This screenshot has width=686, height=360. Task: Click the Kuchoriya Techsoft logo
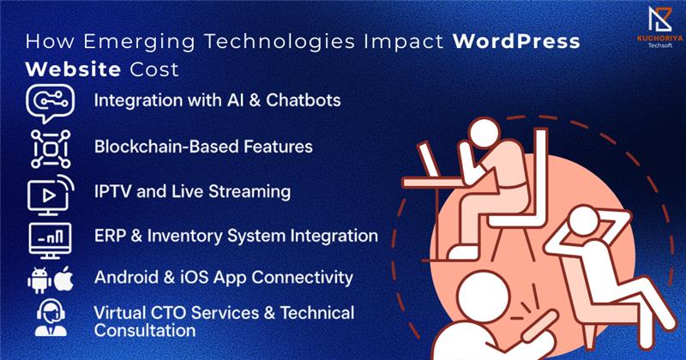click(x=659, y=27)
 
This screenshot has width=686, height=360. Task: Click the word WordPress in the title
click(x=516, y=41)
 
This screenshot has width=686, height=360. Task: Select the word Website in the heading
click(x=73, y=69)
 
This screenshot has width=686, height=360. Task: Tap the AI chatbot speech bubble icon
click(x=50, y=103)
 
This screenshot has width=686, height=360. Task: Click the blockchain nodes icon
click(x=51, y=149)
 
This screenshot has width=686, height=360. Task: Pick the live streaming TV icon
click(x=51, y=195)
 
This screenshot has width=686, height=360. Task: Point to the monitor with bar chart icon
click(x=50, y=240)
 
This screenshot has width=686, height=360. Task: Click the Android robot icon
click(x=39, y=280)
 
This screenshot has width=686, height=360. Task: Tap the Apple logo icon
click(x=63, y=279)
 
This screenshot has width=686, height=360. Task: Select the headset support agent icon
click(x=51, y=317)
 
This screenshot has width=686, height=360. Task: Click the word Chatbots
click(x=304, y=100)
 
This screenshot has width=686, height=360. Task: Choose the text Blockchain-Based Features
click(x=203, y=147)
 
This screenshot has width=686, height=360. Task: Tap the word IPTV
click(x=112, y=192)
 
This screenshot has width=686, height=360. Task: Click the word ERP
click(x=110, y=236)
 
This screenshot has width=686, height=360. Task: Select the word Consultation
click(x=145, y=330)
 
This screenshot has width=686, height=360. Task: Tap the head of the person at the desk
click(x=484, y=133)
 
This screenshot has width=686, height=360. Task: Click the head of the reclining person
click(x=585, y=221)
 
